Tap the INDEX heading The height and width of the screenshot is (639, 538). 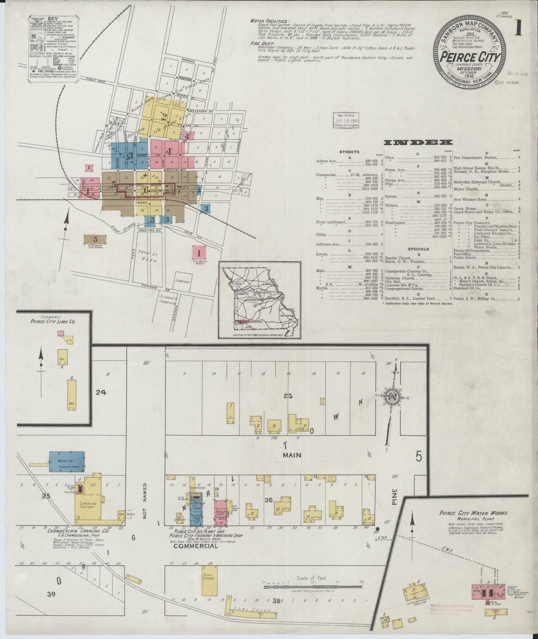tap(418, 142)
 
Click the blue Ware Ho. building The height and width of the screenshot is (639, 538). tap(67, 462)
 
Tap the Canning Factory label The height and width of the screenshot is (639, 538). tap(89, 505)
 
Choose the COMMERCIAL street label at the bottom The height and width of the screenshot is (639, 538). tap(195, 546)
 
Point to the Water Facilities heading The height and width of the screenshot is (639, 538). tap(269, 21)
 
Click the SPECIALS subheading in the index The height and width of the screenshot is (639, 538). tap(418, 249)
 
